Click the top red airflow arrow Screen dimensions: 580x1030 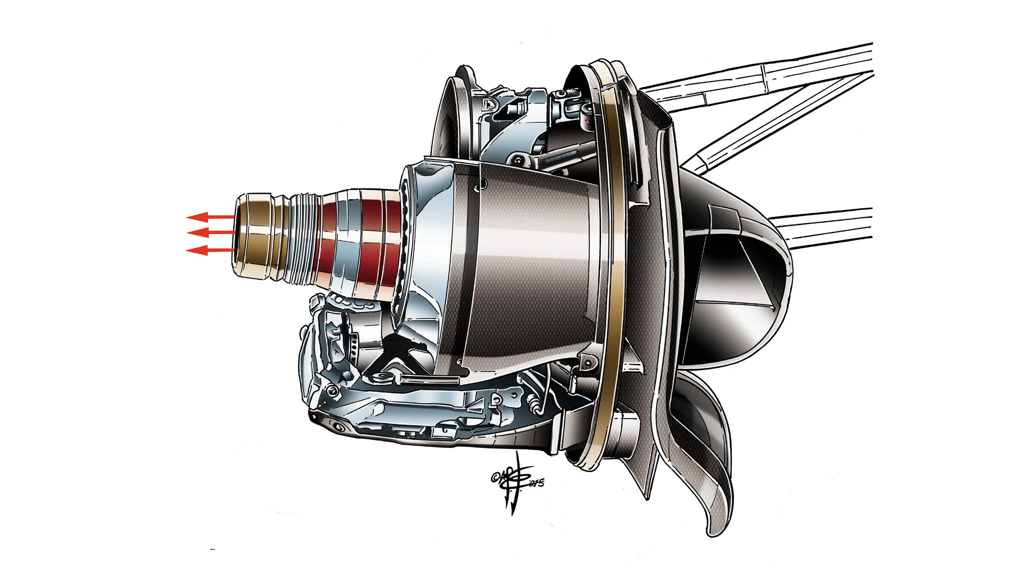(x=207, y=217)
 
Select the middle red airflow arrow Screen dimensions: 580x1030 (x=207, y=233)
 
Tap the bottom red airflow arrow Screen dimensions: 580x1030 (x=207, y=250)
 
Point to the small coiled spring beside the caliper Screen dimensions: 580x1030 (x=534, y=401)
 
